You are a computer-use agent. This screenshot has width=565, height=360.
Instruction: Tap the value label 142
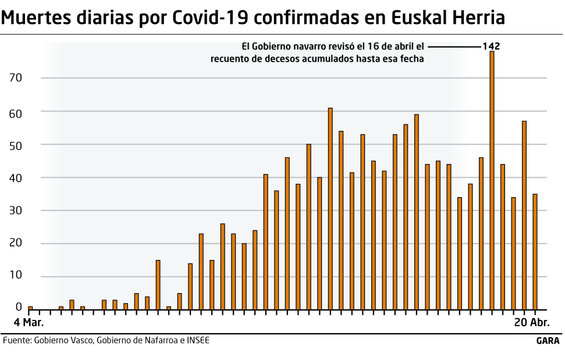pyautogui.click(x=491, y=46)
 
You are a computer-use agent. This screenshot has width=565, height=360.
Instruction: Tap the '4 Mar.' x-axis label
pyautogui.click(x=29, y=322)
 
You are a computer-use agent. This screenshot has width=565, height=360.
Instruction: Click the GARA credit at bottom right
pyautogui.click(x=548, y=341)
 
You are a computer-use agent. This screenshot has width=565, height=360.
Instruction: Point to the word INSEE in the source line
pyautogui.click(x=198, y=340)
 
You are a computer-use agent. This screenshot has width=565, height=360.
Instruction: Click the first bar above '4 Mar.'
pyautogui.click(x=30, y=308)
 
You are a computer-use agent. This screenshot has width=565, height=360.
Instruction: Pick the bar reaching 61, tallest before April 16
pyautogui.click(x=331, y=208)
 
